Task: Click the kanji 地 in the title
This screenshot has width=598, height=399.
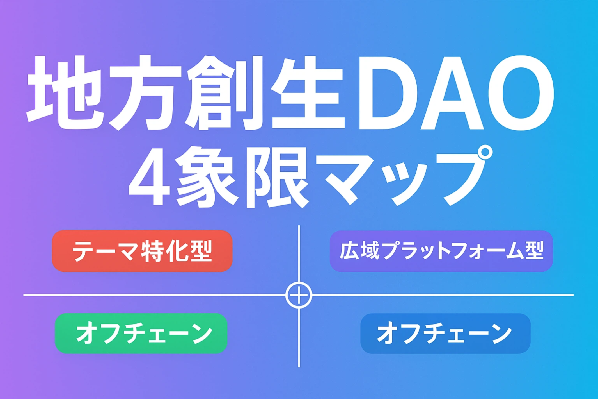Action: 65,92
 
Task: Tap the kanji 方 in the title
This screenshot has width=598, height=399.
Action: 145,93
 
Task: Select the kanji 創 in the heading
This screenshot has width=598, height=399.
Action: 224,93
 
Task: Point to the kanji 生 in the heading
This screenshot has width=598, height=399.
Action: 308,92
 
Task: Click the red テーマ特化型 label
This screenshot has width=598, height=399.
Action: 142,251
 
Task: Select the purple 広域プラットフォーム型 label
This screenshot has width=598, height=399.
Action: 441,251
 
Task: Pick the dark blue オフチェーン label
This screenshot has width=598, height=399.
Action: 445,334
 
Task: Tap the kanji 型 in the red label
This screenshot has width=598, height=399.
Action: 200,251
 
